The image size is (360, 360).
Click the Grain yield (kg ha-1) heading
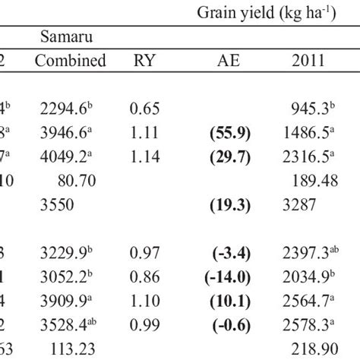click(280, 14)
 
